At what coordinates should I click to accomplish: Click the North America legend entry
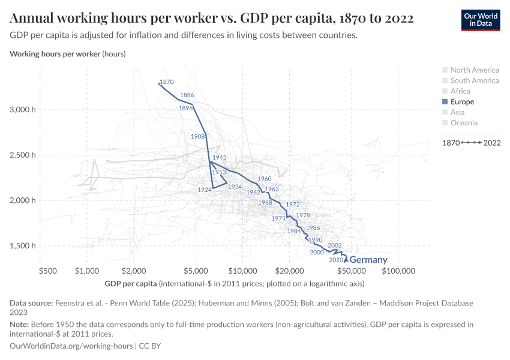pos(474,70)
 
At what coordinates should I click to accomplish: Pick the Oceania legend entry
pos(464,122)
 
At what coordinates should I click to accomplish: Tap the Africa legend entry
pos(460,91)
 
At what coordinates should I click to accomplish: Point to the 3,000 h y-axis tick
pos(23,110)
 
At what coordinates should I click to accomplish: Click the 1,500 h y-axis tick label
pos(23,245)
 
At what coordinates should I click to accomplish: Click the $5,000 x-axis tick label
pos(196,271)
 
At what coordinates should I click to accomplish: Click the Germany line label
pos(368,260)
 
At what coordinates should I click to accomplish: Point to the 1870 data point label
pos(167,82)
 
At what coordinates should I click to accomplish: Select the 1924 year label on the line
pos(204,190)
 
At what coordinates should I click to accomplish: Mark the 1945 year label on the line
pos(219,157)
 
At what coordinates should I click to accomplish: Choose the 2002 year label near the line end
pos(335,245)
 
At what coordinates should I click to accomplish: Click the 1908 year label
pos(198,137)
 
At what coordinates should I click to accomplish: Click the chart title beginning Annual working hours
pos(212,18)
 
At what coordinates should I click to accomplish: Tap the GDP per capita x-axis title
pos(131,283)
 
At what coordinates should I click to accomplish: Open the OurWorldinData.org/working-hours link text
pos(72,346)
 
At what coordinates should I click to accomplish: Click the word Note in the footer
pos(19,325)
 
